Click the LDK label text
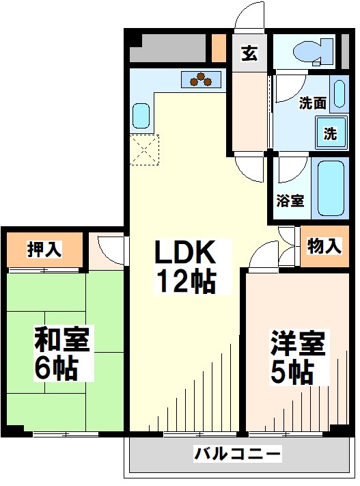point(185,254)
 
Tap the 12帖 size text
point(185,282)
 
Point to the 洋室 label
point(297,342)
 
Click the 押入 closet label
point(44,249)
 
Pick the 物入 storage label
point(323,247)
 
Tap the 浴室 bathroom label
point(290,201)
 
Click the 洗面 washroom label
point(313,104)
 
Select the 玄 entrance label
point(249,53)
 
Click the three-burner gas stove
point(202,80)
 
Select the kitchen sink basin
point(141,116)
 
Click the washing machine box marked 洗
point(330,133)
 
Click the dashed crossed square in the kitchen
point(144,150)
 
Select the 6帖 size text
point(55,369)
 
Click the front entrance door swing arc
point(247,17)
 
